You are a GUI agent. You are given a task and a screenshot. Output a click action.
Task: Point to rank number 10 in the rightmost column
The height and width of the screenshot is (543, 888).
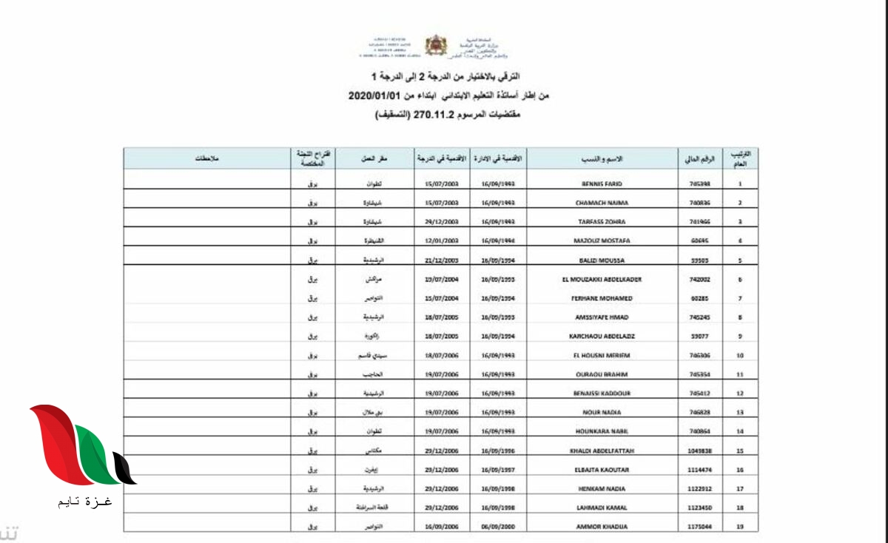pyautogui.click(x=740, y=356)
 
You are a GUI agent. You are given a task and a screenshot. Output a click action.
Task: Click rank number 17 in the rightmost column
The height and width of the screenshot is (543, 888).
pyautogui.click(x=740, y=488)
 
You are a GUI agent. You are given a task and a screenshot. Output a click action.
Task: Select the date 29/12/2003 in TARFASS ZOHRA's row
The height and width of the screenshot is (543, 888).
pyautogui.click(x=443, y=222)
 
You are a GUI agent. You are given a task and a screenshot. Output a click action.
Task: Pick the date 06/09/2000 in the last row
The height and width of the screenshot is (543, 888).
pyautogui.click(x=498, y=527)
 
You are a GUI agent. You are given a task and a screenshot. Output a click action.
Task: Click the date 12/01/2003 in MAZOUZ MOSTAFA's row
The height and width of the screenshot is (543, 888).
pyautogui.click(x=443, y=241)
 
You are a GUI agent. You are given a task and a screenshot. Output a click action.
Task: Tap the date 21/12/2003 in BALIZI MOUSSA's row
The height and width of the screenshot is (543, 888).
pyautogui.click(x=443, y=260)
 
